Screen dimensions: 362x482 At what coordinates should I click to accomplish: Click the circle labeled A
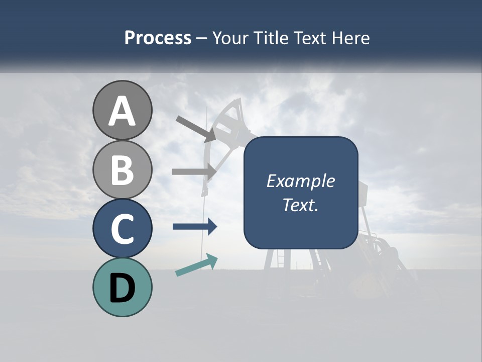pos(122,110)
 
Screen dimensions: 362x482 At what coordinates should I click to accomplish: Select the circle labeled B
pos(122,169)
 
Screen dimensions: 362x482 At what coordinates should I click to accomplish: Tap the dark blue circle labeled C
pos(122,228)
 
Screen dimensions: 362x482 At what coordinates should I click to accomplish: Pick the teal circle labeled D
pos(122,287)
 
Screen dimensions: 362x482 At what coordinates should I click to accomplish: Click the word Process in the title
pos(158,38)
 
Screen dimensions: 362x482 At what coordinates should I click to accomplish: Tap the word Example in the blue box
pos(300,181)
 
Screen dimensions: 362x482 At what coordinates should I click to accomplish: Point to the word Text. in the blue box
pos(300,205)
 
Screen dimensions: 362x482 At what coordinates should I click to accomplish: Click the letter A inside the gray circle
pos(122,111)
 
